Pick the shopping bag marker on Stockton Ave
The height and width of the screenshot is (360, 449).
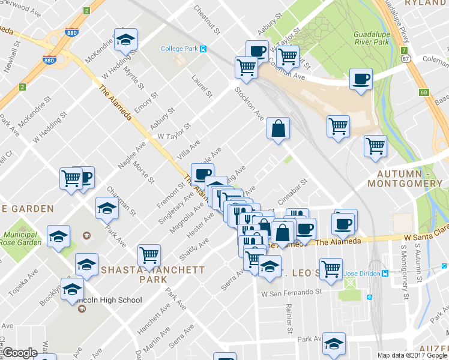[x=278, y=128]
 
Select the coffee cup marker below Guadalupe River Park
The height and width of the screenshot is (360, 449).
[x=361, y=79]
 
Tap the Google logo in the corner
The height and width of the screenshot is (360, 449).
[x=19, y=353]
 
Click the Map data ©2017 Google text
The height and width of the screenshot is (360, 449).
[x=412, y=355]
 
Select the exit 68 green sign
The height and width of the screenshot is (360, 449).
[x=424, y=92]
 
